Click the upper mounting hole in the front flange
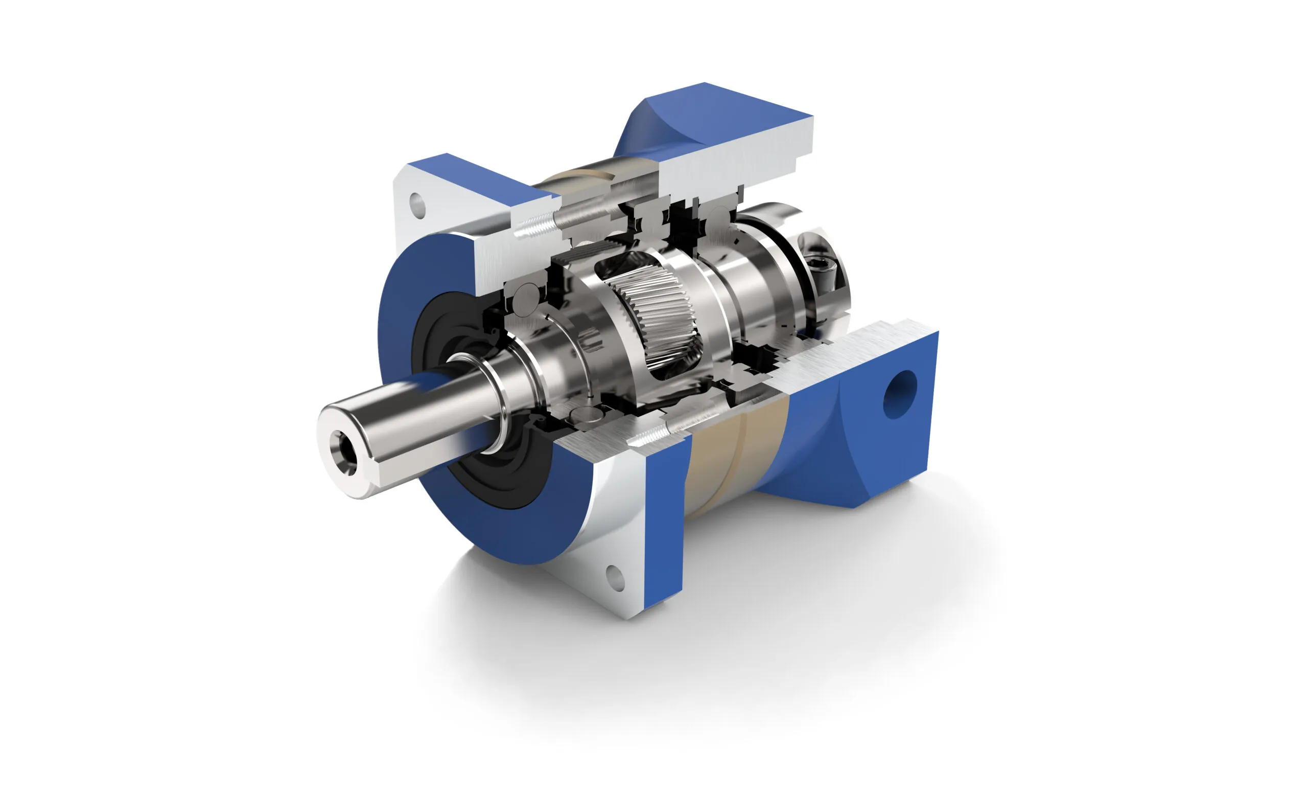click(418, 206)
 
